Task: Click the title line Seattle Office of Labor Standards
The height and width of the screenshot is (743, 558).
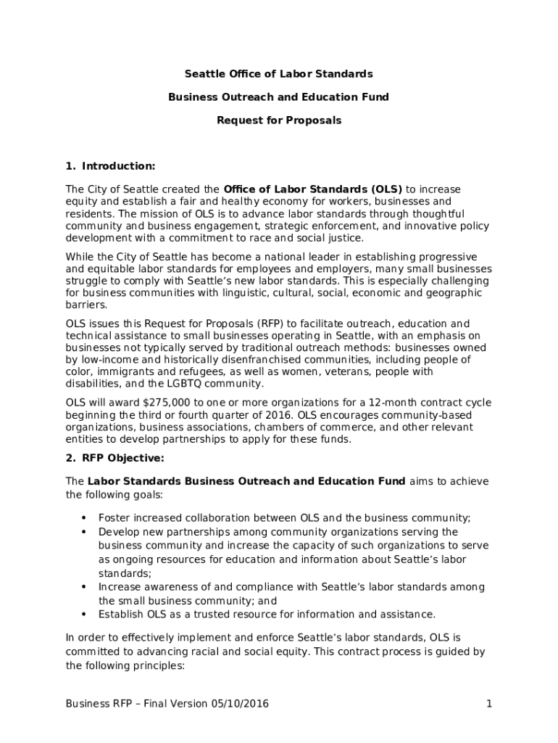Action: pyautogui.click(x=278, y=74)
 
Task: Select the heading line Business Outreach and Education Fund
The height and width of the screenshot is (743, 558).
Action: pyautogui.click(x=278, y=97)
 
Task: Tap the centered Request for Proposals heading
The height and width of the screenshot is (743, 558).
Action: pyautogui.click(x=278, y=120)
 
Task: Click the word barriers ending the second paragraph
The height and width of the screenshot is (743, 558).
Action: pyautogui.click(x=86, y=305)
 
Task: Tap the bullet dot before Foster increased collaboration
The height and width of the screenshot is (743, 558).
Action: pyautogui.click(x=84, y=518)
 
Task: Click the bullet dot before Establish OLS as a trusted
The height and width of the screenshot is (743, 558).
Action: pyautogui.click(x=84, y=615)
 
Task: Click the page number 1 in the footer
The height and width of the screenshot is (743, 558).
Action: pyautogui.click(x=489, y=704)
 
